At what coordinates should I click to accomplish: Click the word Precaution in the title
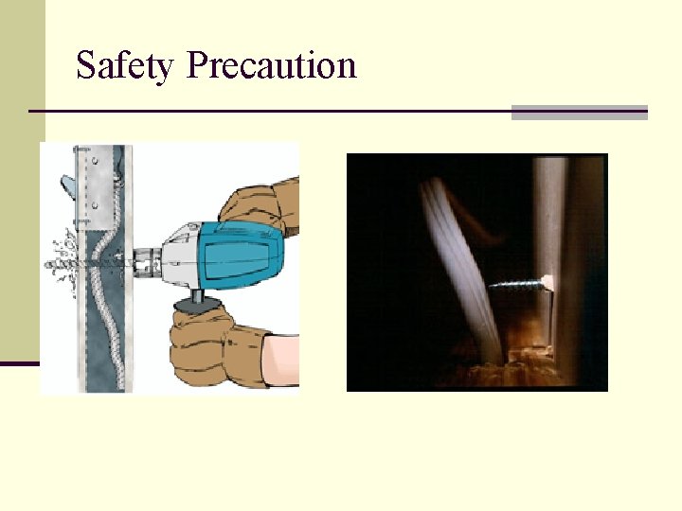[x=272, y=66]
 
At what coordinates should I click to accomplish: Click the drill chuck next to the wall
[x=145, y=256]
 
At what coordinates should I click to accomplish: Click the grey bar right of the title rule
[x=579, y=113]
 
